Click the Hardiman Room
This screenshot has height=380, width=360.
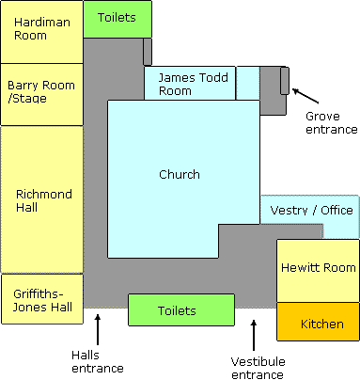click(41, 32)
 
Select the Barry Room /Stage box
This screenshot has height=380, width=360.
click(41, 94)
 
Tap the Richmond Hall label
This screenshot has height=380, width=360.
click(44, 200)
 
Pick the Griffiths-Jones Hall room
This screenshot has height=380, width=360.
click(42, 299)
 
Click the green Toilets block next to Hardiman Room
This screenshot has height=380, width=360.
click(117, 19)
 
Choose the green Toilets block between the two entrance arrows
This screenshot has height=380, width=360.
click(181, 309)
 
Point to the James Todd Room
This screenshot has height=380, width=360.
click(190, 83)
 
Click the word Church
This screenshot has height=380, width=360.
click(180, 174)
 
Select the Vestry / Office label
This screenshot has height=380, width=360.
click(311, 210)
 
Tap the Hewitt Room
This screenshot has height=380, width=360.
click(318, 271)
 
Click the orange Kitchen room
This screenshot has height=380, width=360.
click(318, 322)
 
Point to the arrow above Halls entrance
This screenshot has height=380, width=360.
click(98, 330)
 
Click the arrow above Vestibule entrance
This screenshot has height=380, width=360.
click(254, 335)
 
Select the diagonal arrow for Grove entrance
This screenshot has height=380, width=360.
click(305, 96)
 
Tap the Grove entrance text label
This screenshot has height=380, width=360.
click(332, 122)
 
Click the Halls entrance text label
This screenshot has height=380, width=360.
click(98, 361)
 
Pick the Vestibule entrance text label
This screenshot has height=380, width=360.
click(258, 368)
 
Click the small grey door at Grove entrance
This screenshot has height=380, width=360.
click(285, 80)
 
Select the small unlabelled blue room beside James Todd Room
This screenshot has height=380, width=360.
click(248, 83)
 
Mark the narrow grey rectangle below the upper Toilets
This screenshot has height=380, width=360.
click(148, 52)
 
